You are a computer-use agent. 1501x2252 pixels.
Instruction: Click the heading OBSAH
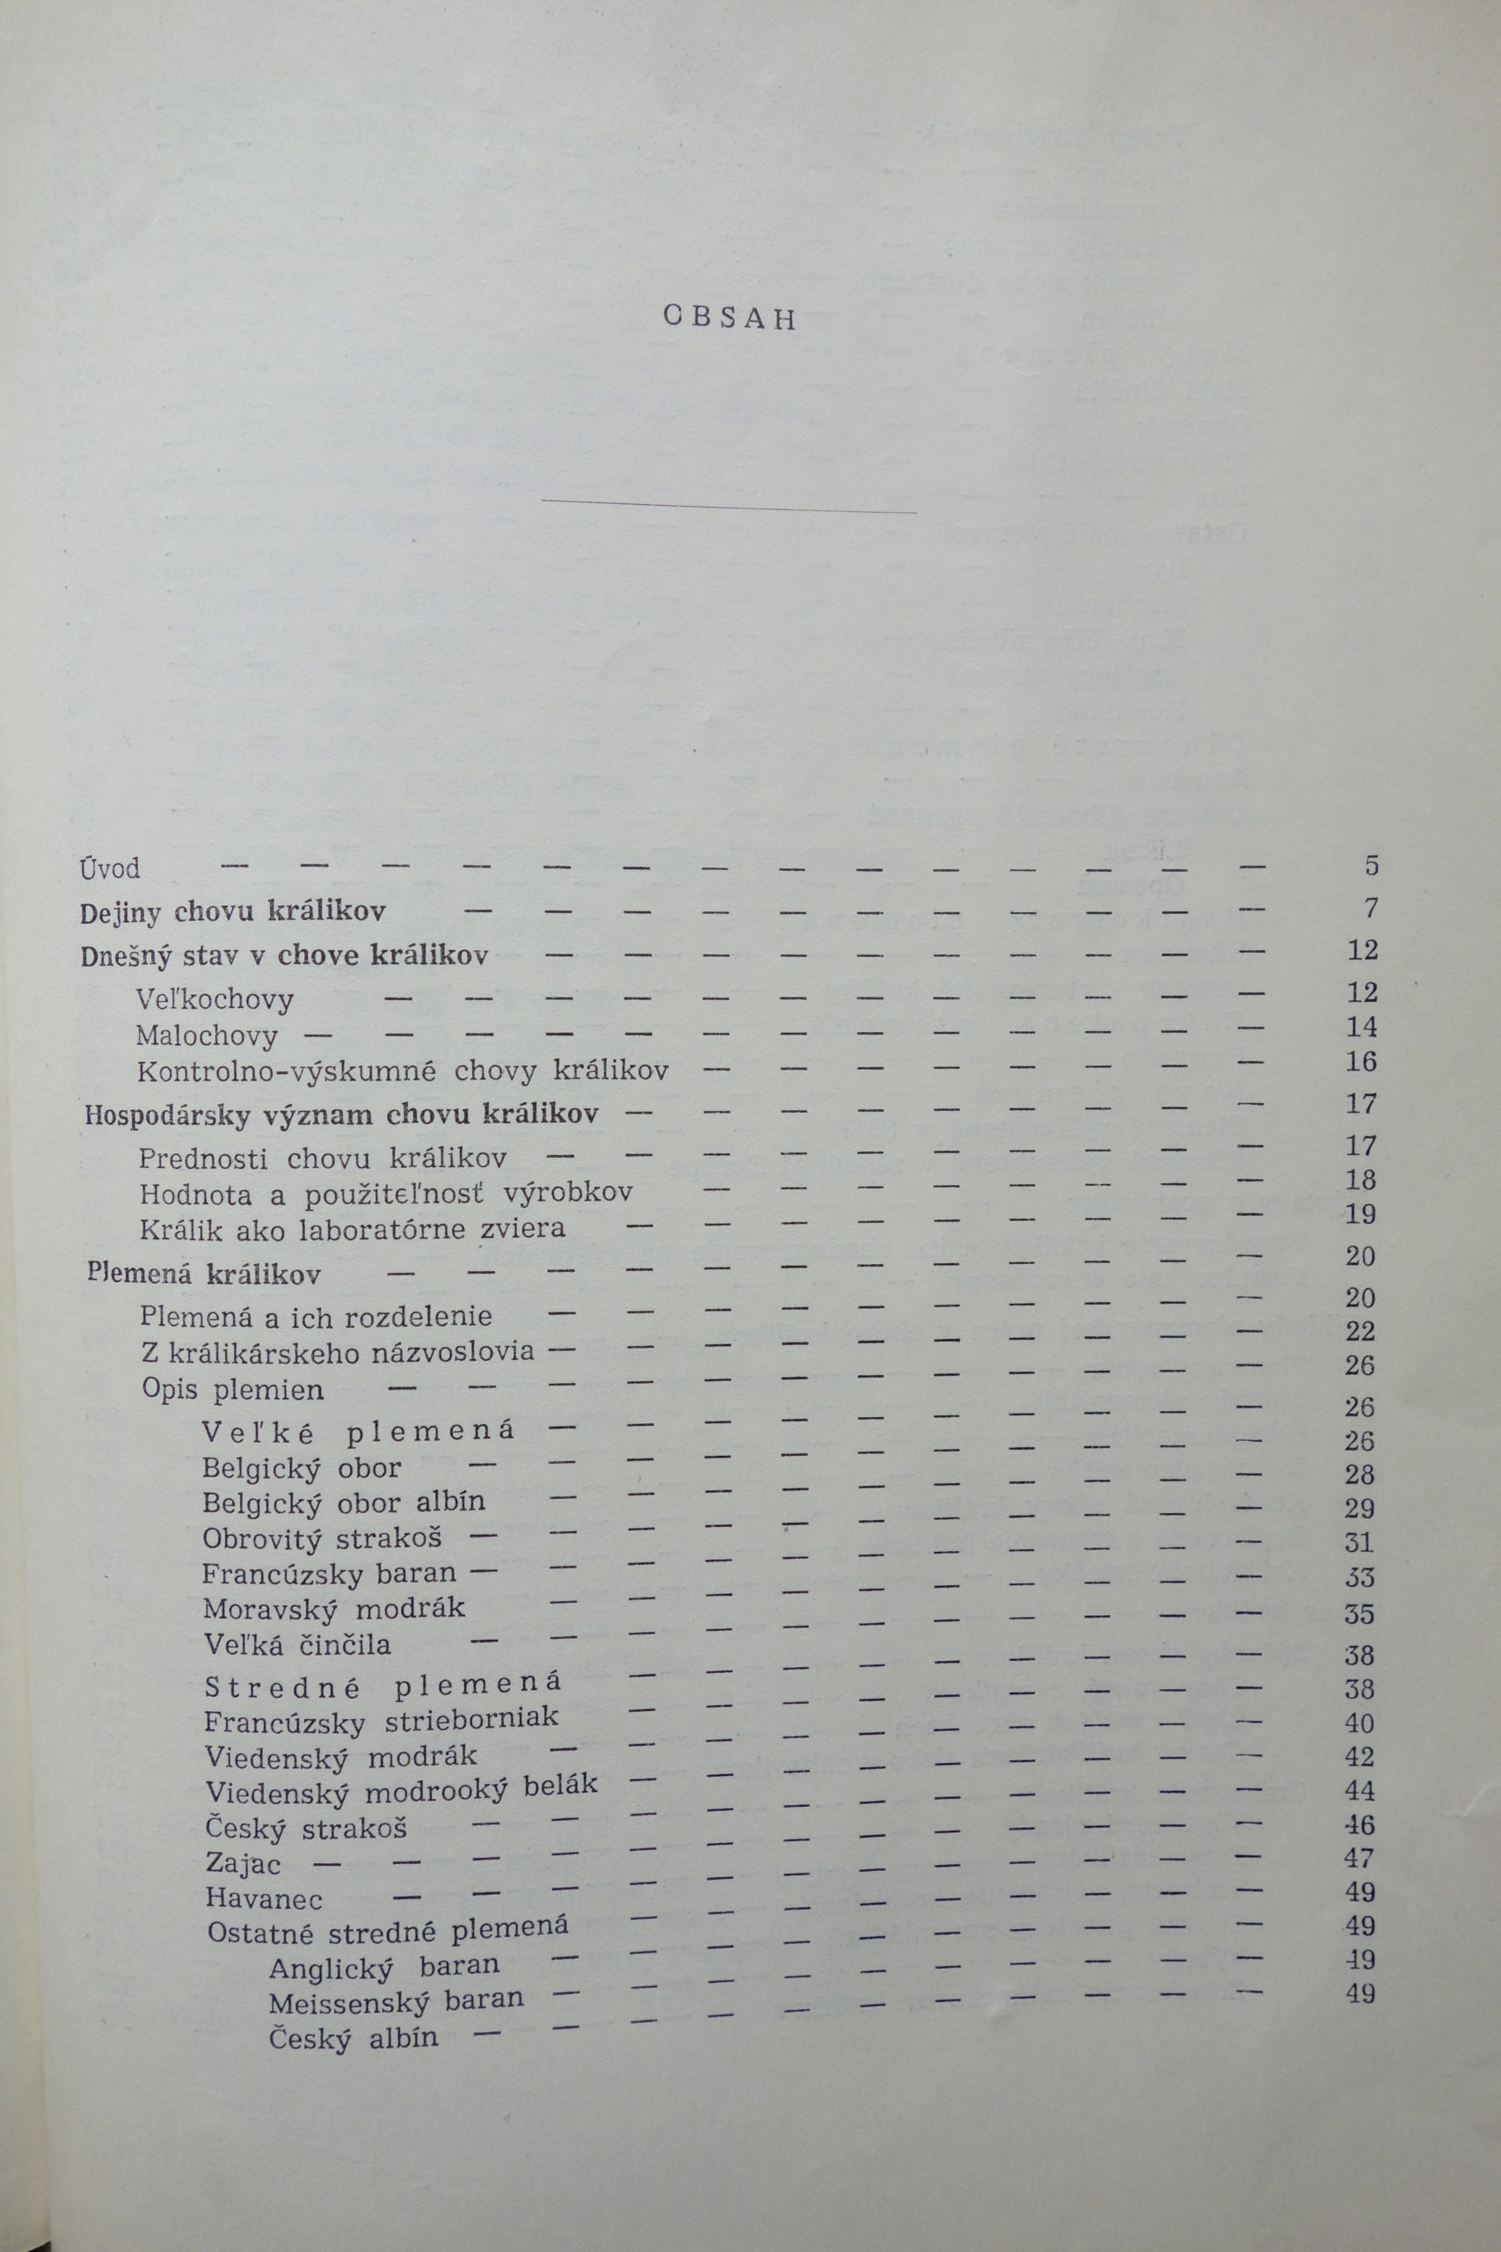click(x=730, y=318)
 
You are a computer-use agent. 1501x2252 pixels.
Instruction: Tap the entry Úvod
click(x=110, y=868)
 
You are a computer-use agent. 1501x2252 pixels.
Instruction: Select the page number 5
click(x=1371, y=866)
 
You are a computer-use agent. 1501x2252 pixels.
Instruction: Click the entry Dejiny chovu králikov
click(x=233, y=911)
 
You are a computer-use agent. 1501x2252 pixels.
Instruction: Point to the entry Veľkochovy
click(x=215, y=999)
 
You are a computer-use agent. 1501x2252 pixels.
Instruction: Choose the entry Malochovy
click(x=207, y=1036)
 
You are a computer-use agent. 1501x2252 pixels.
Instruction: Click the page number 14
click(x=1361, y=1027)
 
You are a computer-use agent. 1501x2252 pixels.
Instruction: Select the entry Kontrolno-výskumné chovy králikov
click(x=402, y=1071)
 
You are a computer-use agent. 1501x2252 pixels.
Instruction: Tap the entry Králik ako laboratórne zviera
click(x=353, y=1228)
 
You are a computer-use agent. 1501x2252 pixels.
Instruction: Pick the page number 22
click(x=1360, y=1331)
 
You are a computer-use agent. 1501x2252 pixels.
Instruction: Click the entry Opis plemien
click(x=233, y=1389)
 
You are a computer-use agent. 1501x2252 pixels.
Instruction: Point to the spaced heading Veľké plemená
click(x=358, y=1431)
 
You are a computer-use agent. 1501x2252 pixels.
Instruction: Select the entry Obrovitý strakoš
click(x=323, y=1539)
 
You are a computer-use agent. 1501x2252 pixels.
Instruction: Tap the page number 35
click(x=1359, y=1614)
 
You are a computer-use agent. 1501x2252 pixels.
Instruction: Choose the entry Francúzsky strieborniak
click(x=381, y=1721)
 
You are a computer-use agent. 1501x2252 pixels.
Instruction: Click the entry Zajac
click(x=244, y=1864)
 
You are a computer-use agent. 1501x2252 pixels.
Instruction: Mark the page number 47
click(x=1359, y=1859)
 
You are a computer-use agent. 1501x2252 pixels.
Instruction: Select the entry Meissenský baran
click(x=397, y=2000)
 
